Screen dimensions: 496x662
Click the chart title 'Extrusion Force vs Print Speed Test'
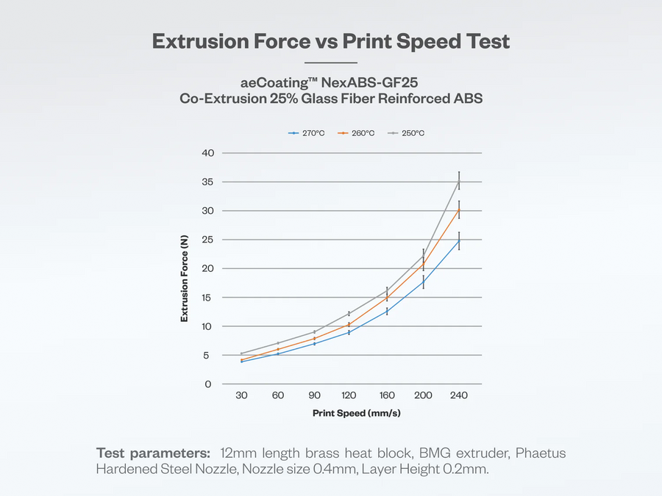pos(330,41)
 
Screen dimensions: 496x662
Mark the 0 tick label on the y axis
pos(209,384)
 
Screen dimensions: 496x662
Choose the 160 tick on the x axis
pos(387,396)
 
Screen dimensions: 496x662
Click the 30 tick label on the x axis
pos(241,396)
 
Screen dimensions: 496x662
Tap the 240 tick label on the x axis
pos(459,396)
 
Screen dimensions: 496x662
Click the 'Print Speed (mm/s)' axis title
pos(356,413)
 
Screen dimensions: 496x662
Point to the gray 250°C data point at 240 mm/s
pos(459,181)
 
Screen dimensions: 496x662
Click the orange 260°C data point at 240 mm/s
pos(459,209)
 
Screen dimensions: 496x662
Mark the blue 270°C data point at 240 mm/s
pos(459,240)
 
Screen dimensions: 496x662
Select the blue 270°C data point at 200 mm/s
pos(423,282)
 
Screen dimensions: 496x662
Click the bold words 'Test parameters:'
pos(153,453)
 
